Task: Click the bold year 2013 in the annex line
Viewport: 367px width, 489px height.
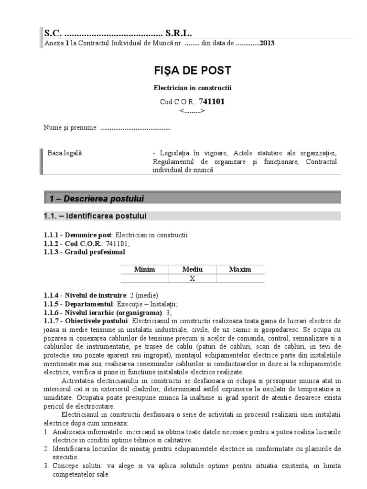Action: tap(267, 43)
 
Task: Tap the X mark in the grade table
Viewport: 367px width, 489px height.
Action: tap(192, 279)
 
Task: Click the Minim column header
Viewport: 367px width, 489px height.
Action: tap(144, 269)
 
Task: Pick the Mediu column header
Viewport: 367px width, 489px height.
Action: tap(192, 269)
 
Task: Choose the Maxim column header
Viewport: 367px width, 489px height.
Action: tap(240, 269)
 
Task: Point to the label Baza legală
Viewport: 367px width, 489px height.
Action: tap(65, 153)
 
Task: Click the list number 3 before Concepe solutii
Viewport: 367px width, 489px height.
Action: tap(45, 466)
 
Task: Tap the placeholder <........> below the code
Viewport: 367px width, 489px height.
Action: tap(192, 111)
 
